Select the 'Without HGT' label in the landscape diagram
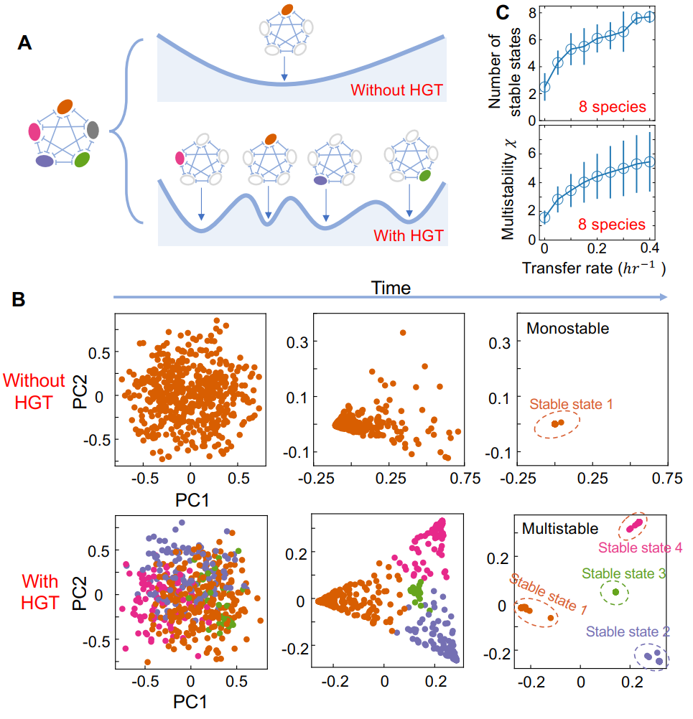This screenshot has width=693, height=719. [397, 91]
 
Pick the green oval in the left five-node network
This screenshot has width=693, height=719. [82, 159]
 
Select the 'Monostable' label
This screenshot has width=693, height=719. [568, 329]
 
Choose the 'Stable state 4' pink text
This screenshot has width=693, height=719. [640, 548]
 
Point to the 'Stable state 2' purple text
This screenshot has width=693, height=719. [628, 631]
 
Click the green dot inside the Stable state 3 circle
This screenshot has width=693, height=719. [615, 592]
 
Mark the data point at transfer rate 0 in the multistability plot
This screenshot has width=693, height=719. [544, 217]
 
